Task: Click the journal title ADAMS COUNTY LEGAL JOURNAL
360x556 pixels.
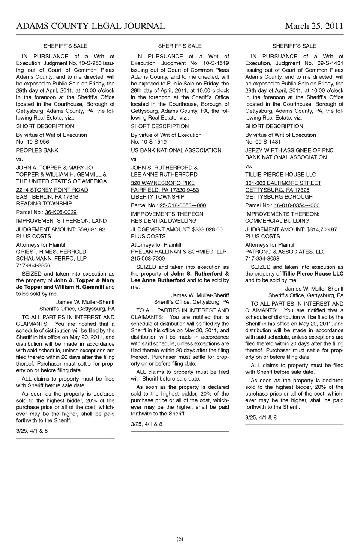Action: click(90, 26)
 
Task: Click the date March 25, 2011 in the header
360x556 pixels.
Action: click(314, 26)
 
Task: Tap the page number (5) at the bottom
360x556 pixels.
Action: click(180, 539)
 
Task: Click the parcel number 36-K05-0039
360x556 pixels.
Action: click(61, 212)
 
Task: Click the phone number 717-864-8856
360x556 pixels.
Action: click(33, 265)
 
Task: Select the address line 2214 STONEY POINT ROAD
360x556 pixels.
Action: click(52, 190)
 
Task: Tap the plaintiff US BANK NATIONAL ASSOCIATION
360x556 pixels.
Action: click(176, 150)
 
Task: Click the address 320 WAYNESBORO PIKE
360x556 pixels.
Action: click(163, 183)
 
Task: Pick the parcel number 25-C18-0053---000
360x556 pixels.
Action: click(183, 205)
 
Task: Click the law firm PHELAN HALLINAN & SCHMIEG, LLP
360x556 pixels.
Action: click(178, 252)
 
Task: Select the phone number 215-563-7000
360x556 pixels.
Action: click(148, 259)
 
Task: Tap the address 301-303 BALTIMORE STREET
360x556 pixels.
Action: click(283, 183)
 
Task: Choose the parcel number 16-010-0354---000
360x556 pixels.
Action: click(297, 205)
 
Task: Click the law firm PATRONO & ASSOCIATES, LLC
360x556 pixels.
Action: click(285, 252)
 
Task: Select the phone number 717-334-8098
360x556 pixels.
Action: click(262, 259)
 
